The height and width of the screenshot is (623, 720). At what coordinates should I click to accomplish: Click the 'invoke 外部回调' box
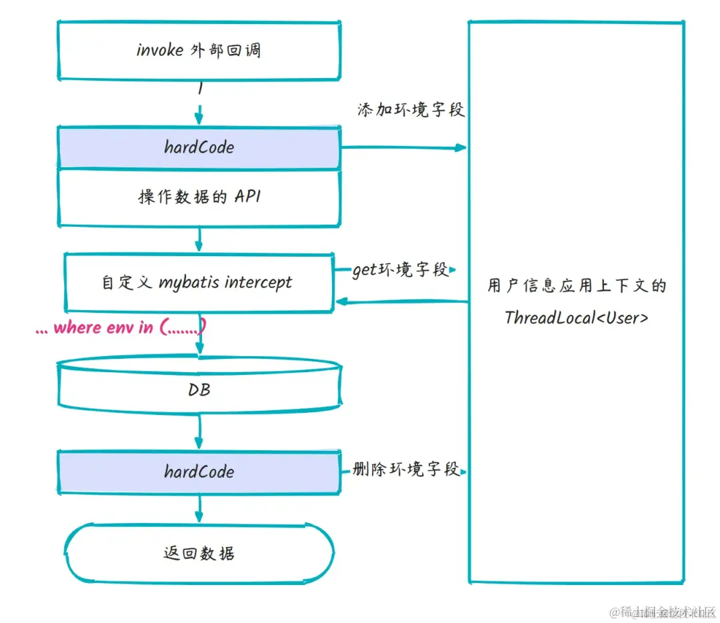[x=199, y=50]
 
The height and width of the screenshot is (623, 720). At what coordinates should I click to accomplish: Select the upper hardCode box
[x=199, y=147]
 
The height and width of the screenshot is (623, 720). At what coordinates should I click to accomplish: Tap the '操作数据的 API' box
[x=199, y=197]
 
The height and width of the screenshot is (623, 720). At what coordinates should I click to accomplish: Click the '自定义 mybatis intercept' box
[x=199, y=282]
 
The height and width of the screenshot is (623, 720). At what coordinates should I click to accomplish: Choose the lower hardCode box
[x=199, y=472]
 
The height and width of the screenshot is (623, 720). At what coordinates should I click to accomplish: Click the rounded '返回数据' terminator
[x=199, y=553]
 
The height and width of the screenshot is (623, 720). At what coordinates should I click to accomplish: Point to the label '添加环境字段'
[x=411, y=110]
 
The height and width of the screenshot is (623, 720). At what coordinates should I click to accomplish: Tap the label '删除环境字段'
[x=406, y=470]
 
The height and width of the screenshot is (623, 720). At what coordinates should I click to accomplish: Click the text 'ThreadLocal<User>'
[x=576, y=318]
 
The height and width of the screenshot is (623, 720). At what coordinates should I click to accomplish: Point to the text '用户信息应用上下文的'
[x=576, y=286]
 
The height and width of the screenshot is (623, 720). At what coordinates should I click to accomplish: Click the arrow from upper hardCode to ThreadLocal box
[x=403, y=147]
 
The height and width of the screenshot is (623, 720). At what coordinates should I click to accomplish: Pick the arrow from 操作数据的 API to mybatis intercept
[x=199, y=239]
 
